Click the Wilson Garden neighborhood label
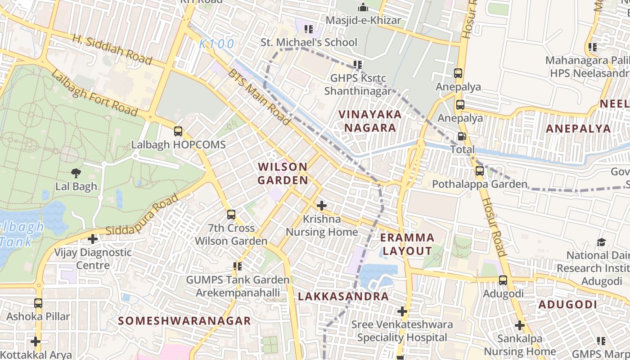pyautogui.click(x=283, y=174)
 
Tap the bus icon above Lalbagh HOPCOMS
pyautogui.click(x=178, y=131)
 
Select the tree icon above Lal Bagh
pyautogui.click(x=76, y=173)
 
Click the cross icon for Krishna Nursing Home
pyautogui.click(x=321, y=206)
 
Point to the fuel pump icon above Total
pyautogui.click(x=462, y=136)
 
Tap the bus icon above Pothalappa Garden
pyautogui.click(x=480, y=171)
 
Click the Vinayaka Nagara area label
pyautogui.click(x=370, y=121)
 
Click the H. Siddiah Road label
pyautogui.click(x=112, y=49)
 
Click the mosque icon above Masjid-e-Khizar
pyautogui.click(x=363, y=8)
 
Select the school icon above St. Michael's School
pyautogui.click(x=308, y=29)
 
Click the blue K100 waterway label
pyautogui.click(x=217, y=44)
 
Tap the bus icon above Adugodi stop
pyautogui.click(x=503, y=280)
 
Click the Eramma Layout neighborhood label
pyautogui.click(x=407, y=244)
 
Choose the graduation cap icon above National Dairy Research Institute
pyautogui.click(x=601, y=243)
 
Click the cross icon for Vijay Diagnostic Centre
pyautogui.click(x=93, y=239)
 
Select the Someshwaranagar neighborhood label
pyautogui.click(x=184, y=321)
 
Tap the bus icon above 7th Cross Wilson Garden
pyautogui.click(x=231, y=215)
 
